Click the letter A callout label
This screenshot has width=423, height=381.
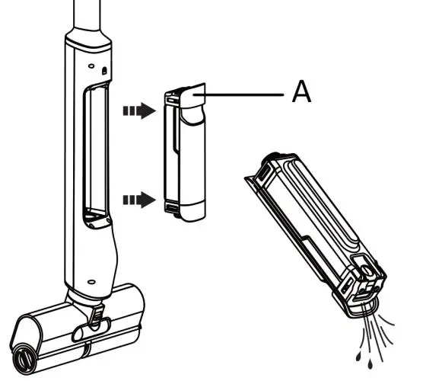pos(301,92)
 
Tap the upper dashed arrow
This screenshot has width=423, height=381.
pos(139,110)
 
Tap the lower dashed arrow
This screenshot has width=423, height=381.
pos(139,200)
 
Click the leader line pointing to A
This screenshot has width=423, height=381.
pos(238,94)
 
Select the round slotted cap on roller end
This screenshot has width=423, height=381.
pos(24,358)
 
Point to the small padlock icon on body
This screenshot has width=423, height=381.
pos(104,71)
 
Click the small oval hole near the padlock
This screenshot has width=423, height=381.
pos(91,66)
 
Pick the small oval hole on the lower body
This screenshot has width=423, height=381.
pos(92,282)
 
